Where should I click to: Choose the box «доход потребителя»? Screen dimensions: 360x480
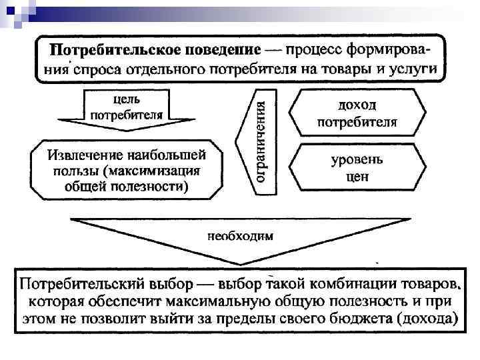coord(357,113)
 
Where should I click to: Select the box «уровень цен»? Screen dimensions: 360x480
coord(357,169)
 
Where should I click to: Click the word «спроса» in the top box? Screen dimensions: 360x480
coord(99,68)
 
